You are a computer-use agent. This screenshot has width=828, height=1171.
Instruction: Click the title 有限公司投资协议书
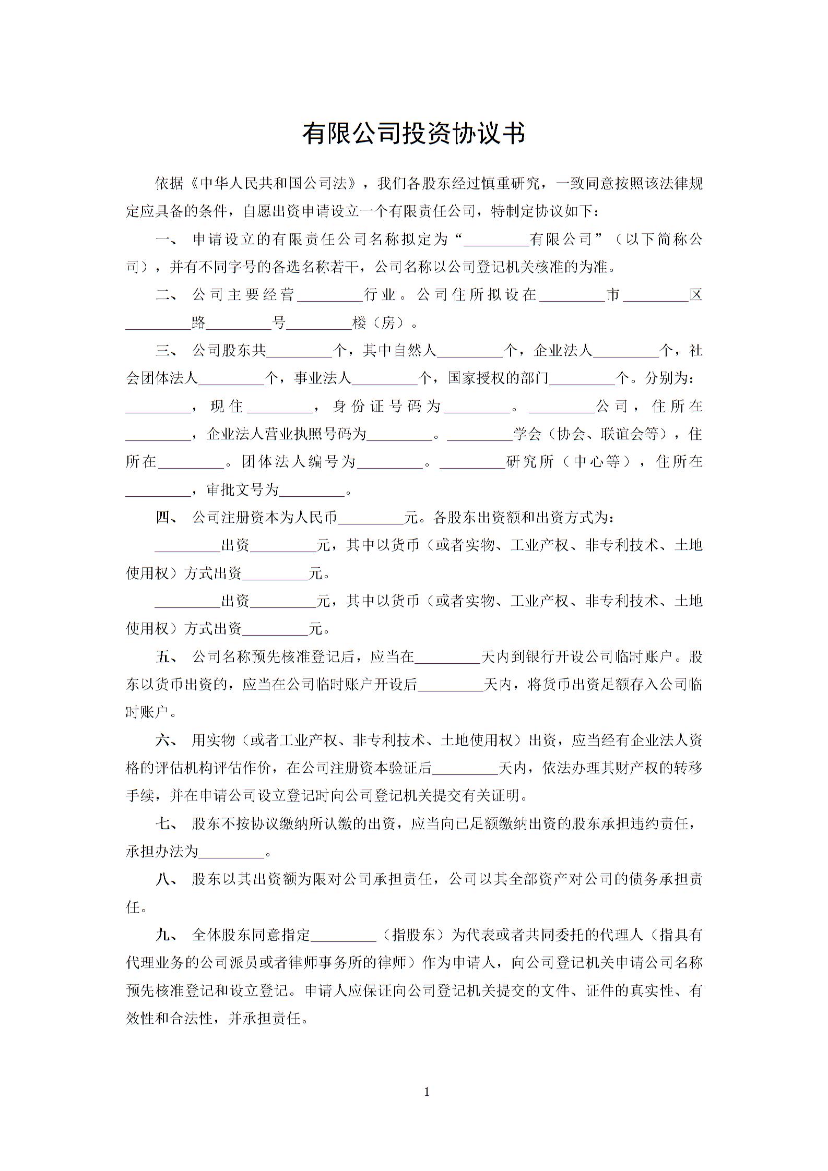click(x=413, y=134)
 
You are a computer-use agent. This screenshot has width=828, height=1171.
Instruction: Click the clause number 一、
click(x=167, y=240)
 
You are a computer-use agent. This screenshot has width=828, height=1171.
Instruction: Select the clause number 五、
click(x=167, y=656)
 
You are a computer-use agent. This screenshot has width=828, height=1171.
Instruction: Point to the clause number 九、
click(x=167, y=935)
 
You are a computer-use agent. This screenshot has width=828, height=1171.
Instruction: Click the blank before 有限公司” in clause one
click(x=496, y=240)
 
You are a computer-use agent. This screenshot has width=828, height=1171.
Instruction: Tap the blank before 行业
click(x=329, y=295)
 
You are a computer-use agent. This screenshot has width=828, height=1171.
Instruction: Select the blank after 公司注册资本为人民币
click(x=371, y=518)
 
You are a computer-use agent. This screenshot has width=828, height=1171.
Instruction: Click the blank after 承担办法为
click(x=232, y=852)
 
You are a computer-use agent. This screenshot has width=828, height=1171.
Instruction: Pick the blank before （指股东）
click(x=344, y=935)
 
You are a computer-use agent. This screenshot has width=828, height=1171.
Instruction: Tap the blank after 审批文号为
click(x=312, y=490)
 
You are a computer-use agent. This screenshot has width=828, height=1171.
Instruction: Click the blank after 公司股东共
click(x=299, y=351)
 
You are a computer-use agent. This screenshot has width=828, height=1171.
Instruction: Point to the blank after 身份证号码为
click(x=477, y=407)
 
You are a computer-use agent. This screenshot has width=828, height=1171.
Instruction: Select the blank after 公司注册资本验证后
click(x=466, y=768)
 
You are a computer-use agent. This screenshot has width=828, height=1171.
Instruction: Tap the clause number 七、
click(x=167, y=823)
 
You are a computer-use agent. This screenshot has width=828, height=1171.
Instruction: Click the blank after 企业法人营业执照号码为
click(x=400, y=434)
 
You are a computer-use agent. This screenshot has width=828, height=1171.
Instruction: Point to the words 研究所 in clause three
click(x=529, y=462)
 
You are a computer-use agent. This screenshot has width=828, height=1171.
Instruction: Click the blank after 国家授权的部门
click(x=583, y=378)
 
